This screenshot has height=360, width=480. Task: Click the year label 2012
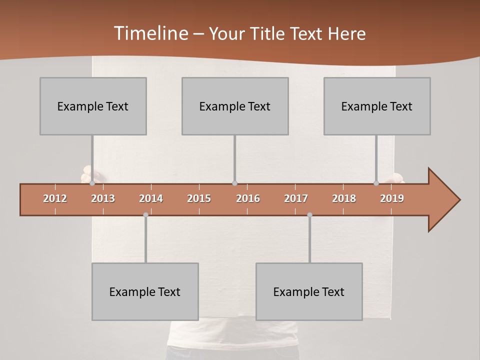pos(55,198)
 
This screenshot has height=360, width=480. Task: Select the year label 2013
pos(103,198)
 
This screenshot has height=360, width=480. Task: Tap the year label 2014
pos(151,198)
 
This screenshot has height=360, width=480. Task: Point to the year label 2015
pos(199,198)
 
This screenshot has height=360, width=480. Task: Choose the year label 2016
pos(248,198)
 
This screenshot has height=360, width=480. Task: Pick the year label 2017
pos(296,198)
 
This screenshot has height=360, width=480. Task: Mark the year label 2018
pos(344,198)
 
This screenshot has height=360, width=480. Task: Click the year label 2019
pos(392,198)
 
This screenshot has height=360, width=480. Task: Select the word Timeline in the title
pos(150,33)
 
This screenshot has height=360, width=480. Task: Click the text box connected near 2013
pos(93,106)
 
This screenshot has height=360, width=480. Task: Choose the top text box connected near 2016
pos(235,106)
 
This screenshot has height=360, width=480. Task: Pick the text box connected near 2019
pos(377,106)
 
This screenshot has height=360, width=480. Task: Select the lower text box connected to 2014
pos(145,291)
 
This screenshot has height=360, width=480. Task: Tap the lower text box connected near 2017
pos(309,291)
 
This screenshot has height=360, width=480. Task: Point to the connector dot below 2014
pos(145,214)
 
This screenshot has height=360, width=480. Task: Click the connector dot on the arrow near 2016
pos(234,183)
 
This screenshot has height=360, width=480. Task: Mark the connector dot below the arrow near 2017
pos(309,214)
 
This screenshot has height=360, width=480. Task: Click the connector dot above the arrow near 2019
pos(376,183)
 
